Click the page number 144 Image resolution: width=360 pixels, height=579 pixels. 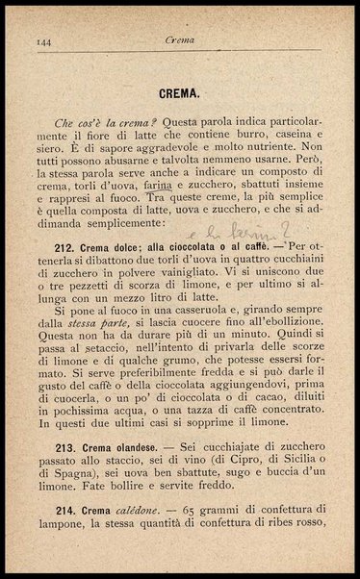pyautogui.click(x=42, y=41)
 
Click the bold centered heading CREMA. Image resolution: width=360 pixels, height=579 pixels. pyautogui.click(x=180, y=94)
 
